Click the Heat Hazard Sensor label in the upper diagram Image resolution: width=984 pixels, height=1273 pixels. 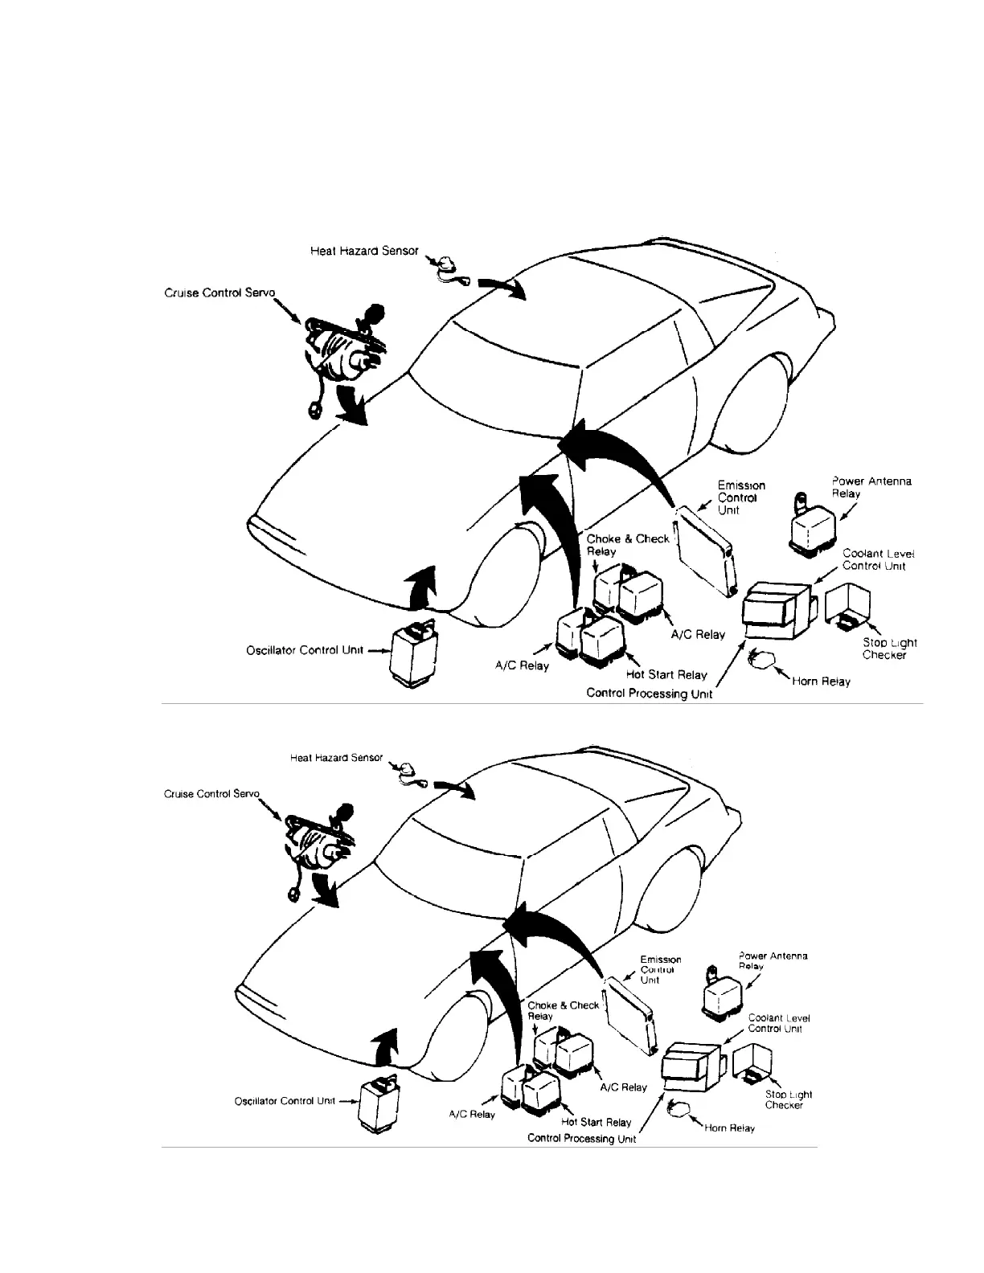point(364,251)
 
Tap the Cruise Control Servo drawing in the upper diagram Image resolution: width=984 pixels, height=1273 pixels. point(344,352)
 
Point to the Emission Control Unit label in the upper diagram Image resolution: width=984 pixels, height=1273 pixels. point(740,497)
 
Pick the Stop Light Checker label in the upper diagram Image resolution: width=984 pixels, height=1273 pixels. point(889,649)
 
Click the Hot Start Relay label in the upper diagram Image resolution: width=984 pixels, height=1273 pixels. point(666,674)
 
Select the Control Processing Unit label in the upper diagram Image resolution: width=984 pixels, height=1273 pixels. point(649,693)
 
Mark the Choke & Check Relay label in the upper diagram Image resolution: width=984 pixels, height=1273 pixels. point(627,545)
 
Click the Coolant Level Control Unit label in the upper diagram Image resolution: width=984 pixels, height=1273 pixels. point(878,559)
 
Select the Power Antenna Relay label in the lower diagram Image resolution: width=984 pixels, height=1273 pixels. point(772,960)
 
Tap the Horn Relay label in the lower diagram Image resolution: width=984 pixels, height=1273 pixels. point(729,1128)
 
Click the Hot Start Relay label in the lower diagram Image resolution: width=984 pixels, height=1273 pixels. point(596,1122)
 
